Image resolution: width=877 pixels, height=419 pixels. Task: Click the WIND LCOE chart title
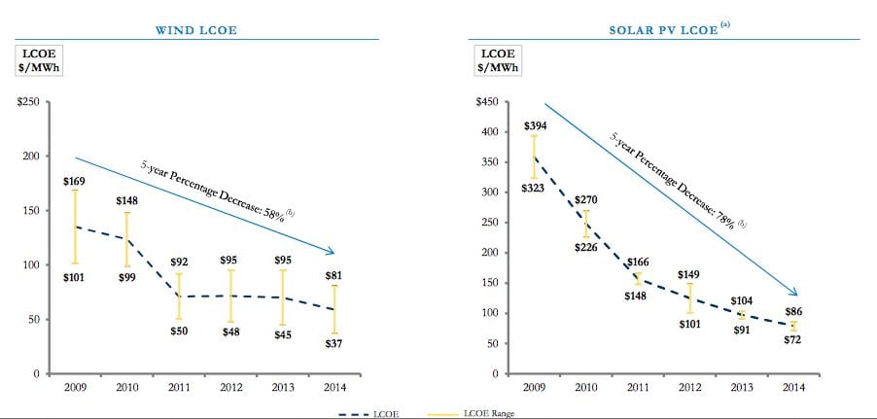(x=196, y=30)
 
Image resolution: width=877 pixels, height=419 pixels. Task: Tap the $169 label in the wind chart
(x=74, y=181)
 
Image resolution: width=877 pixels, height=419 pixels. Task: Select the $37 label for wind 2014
(x=333, y=344)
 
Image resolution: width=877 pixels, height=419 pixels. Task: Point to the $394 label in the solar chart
(x=536, y=126)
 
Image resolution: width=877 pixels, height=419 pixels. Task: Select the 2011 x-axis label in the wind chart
(x=179, y=387)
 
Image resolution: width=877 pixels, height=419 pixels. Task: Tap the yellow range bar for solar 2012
(x=689, y=298)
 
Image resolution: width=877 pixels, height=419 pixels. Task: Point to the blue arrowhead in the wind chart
(x=332, y=254)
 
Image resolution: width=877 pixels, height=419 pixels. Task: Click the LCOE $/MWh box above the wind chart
(x=36, y=61)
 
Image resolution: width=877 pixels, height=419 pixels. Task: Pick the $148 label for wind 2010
(x=126, y=201)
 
